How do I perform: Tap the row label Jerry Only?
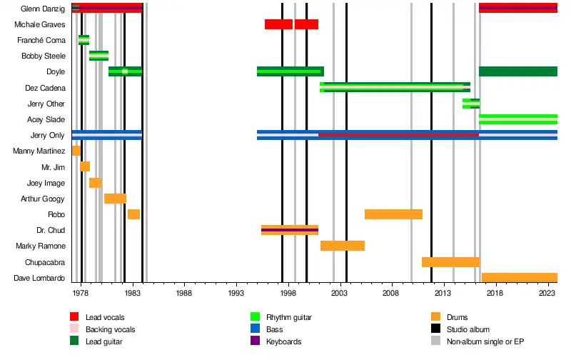tap(48, 135)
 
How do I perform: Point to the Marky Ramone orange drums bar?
tap(342, 246)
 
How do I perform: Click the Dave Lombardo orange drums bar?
tap(519, 278)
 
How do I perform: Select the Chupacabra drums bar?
tap(450, 262)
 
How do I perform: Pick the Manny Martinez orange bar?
tap(76, 151)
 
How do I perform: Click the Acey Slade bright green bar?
tap(517, 119)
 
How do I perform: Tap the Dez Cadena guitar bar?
tap(395, 87)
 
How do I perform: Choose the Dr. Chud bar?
tap(289, 230)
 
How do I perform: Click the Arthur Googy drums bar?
tap(115, 199)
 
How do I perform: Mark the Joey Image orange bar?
tap(95, 183)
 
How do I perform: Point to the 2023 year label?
tap(547, 294)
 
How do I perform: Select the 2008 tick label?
tap(390, 294)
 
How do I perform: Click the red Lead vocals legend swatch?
tap(74, 316)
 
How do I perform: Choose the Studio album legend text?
tap(465, 329)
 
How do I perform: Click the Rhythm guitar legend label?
tap(290, 316)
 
